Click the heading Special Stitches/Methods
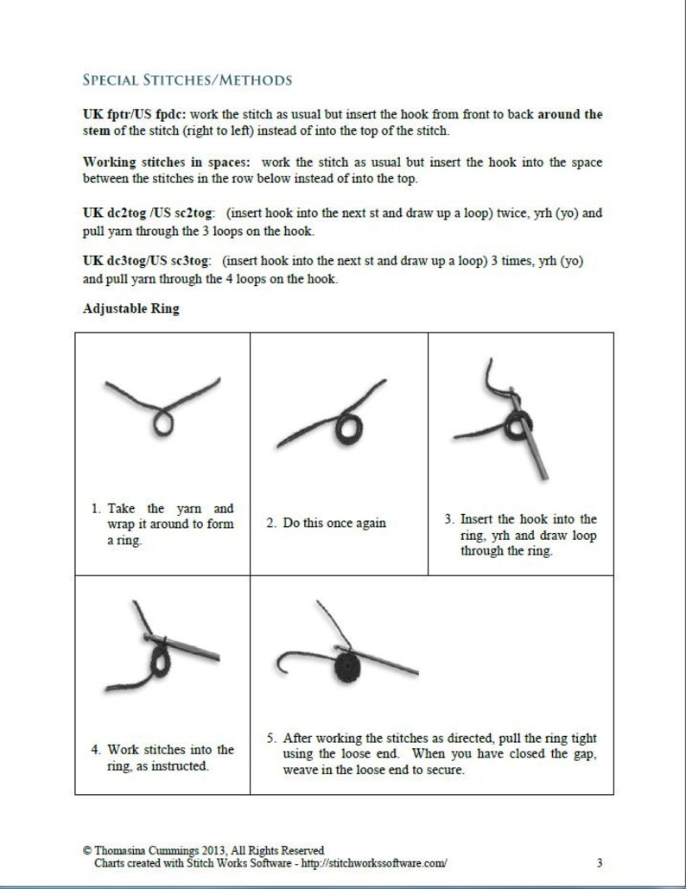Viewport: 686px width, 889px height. (187, 79)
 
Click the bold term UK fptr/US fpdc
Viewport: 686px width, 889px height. (135, 114)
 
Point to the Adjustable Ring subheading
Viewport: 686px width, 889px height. (131, 309)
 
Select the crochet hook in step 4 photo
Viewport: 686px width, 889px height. (182, 647)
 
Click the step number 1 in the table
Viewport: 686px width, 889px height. (95, 509)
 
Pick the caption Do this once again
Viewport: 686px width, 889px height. (334, 523)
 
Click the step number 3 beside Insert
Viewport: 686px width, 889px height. (449, 519)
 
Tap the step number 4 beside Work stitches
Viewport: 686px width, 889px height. (95, 750)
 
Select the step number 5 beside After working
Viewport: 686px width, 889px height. (271, 738)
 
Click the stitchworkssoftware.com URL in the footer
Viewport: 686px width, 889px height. (373, 863)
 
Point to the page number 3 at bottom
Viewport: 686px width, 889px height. (600, 863)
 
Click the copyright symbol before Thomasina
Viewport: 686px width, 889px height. (87, 850)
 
